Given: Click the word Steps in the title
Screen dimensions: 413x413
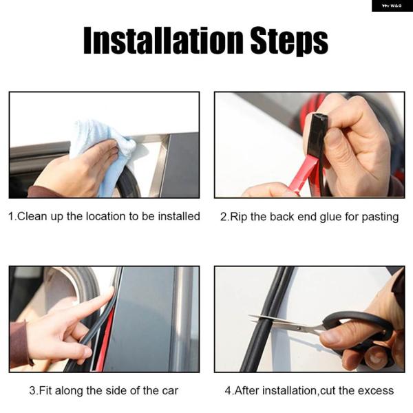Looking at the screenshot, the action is pos(289,41).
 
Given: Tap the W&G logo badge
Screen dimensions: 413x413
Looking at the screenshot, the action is pos(392,6).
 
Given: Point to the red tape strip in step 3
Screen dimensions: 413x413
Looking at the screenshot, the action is pos(105,340).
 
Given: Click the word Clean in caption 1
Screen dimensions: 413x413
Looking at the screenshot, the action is pos(32,216).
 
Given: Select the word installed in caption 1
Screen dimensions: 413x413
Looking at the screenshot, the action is pos(179,216).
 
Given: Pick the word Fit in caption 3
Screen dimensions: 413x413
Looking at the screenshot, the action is pos(45,390).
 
